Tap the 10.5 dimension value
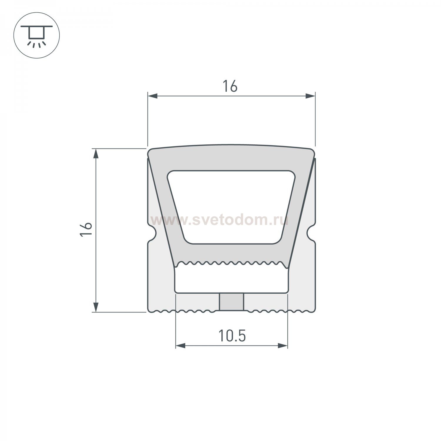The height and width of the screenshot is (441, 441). coord(232,336)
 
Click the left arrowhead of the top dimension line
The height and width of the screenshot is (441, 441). coord(153,96)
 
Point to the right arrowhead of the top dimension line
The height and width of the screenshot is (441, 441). coord(310,96)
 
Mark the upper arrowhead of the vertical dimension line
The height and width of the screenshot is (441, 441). coord(96,154)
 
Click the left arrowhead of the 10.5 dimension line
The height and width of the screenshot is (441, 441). coord(181,345)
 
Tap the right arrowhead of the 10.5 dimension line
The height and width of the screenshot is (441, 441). coord(283,345)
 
